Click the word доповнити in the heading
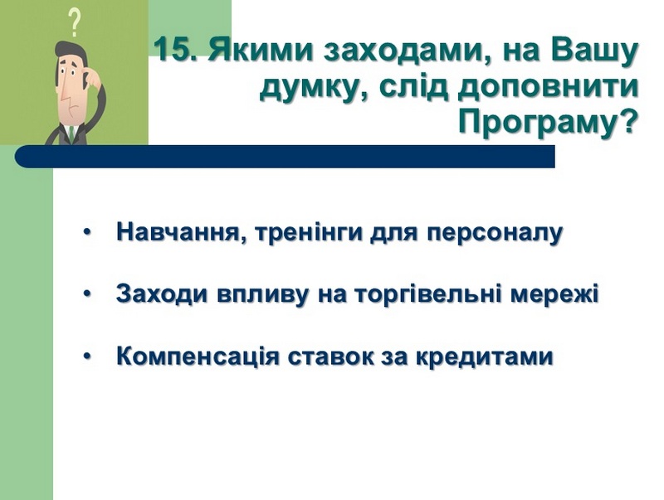coord(548,88)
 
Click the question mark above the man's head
coord(75,23)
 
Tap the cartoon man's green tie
coord(71,133)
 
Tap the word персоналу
coord(495,234)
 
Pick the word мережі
coord(554,295)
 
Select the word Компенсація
coord(198,357)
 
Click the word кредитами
coord(484,357)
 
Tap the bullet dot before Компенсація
coord(87,357)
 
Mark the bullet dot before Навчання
coord(87,233)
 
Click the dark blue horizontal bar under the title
coord(285,156)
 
